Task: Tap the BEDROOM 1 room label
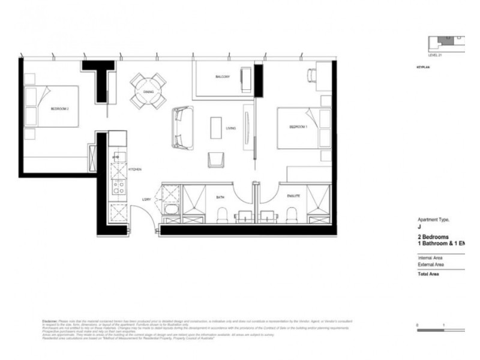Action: tap(298, 127)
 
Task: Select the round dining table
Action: tap(148, 91)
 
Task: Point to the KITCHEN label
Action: tap(134, 170)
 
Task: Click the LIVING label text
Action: tap(230, 128)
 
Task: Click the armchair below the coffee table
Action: tap(215, 160)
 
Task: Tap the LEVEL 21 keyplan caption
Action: tap(435, 55)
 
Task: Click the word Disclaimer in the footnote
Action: tap(52, 320)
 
